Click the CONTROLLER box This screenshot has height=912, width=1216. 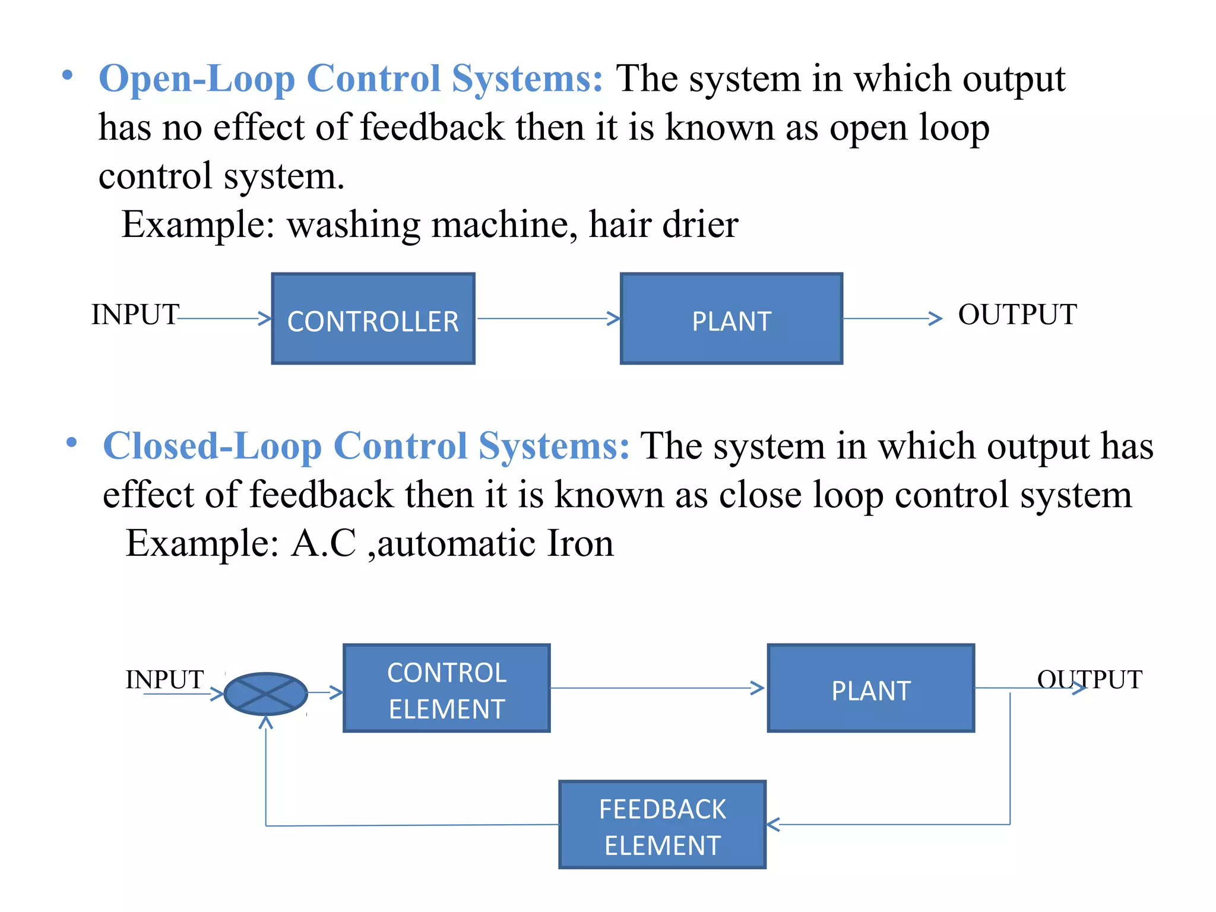pos(373,319)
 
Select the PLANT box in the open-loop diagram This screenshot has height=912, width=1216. pos(731,319)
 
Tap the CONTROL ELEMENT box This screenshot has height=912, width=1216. pos(446,688)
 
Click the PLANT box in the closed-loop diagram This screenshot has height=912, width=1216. pos(870,688)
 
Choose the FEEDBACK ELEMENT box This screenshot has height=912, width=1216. pos(662,825)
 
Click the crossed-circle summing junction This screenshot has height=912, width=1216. pos(266,693)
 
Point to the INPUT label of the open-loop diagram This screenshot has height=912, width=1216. pos(135,314)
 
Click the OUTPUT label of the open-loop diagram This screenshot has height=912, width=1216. pos(1017,314)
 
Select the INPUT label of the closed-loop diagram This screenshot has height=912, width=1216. pos(164,679)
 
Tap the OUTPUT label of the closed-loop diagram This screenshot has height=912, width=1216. pos(1090,679)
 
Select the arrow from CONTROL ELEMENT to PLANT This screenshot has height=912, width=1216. pos(656,688)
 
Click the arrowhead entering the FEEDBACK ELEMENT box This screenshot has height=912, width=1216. pos(773,825)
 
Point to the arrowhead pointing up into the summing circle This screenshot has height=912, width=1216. pos(266,722)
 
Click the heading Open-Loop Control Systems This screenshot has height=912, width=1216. pos(350,78)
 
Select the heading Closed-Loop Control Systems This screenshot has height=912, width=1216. pos(366,446)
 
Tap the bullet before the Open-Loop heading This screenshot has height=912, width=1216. pos(68,75)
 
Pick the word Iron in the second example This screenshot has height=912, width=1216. pos(579,543)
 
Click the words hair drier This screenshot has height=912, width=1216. pos(663,224)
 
